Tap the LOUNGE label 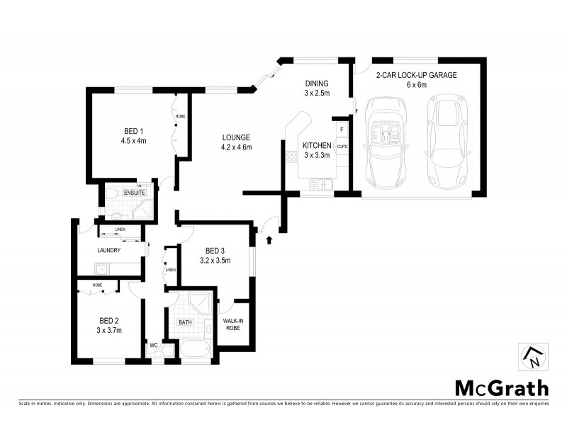[x=236, y=137]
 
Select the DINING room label [x=317, y=83]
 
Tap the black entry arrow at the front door [x=269, y=241]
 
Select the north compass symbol [x=533, y=356]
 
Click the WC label [x=152, y=345]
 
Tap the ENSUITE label [x=134, y=193]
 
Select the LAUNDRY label [x=108, y=250]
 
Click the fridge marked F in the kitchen [x=342, y=130]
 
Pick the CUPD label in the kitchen [x=342, y=147]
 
